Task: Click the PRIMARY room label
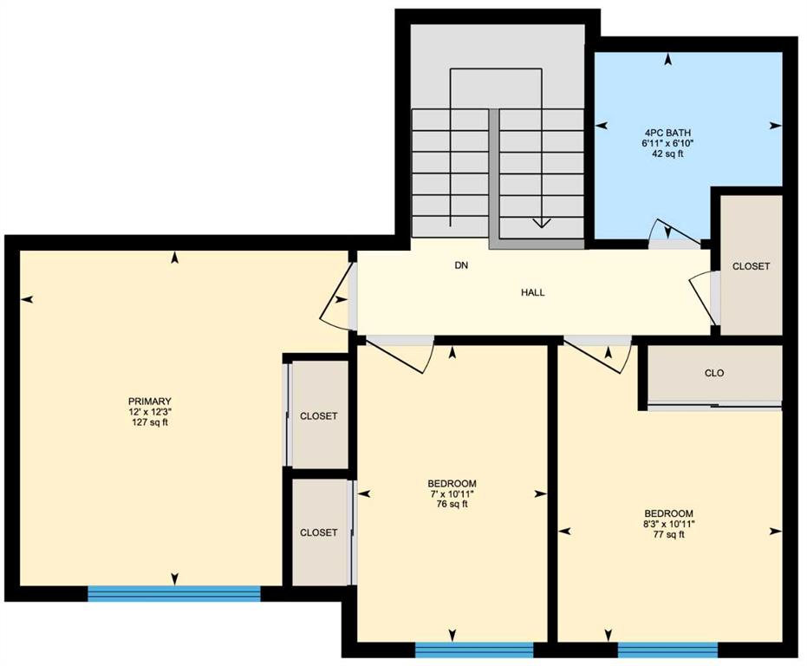150,402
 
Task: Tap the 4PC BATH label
668,133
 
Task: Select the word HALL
533,292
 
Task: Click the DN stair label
462,265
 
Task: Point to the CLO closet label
714,373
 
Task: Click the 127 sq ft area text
150,422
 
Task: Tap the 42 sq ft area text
668,153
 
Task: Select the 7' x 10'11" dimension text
452,494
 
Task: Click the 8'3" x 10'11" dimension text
668,524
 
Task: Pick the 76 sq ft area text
452,504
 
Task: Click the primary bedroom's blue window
174,593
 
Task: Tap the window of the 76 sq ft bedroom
474,650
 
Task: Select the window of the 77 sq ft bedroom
667,650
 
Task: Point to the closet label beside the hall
751,266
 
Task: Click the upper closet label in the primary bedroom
319,416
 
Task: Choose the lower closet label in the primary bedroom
319,532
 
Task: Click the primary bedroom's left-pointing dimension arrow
27,299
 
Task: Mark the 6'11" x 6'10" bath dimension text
668,143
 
